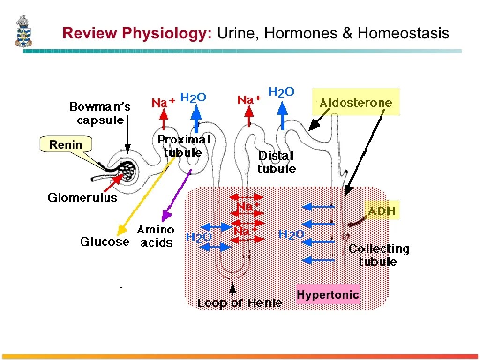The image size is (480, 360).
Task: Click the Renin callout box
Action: pyautogui.click(x=66, y=145)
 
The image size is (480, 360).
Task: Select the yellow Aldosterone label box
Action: pyautogui.click(x=356, y=102)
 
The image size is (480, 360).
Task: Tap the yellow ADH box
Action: pyautogui.click(x=382, y=211)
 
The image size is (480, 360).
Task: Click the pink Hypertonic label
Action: pyautogui.click(x=328, y=295)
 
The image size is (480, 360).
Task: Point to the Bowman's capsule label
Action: pyautogui.click(x=100, y=113)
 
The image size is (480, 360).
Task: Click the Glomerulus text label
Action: pyautogui.click(x=82, y=198)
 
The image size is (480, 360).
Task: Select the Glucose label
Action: pyautogui.click(x=105, y=242)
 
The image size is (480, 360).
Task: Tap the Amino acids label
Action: pyautogui.click(x=156, y=236)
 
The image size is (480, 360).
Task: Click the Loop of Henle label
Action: pyautogui.click(x=240, y=303)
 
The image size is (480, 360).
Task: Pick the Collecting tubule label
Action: pyautogui.click(x=379, y=255)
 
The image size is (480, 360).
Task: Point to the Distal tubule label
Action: pyautogui.click(x=277, y=162)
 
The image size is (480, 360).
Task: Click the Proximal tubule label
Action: pyautogui.click(x=183, y=146)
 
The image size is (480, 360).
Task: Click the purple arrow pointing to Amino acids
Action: pyautogui.click(x=176, y=196)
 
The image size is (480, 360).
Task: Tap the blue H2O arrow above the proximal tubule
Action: pyautogui.click(x=197, y=117)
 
